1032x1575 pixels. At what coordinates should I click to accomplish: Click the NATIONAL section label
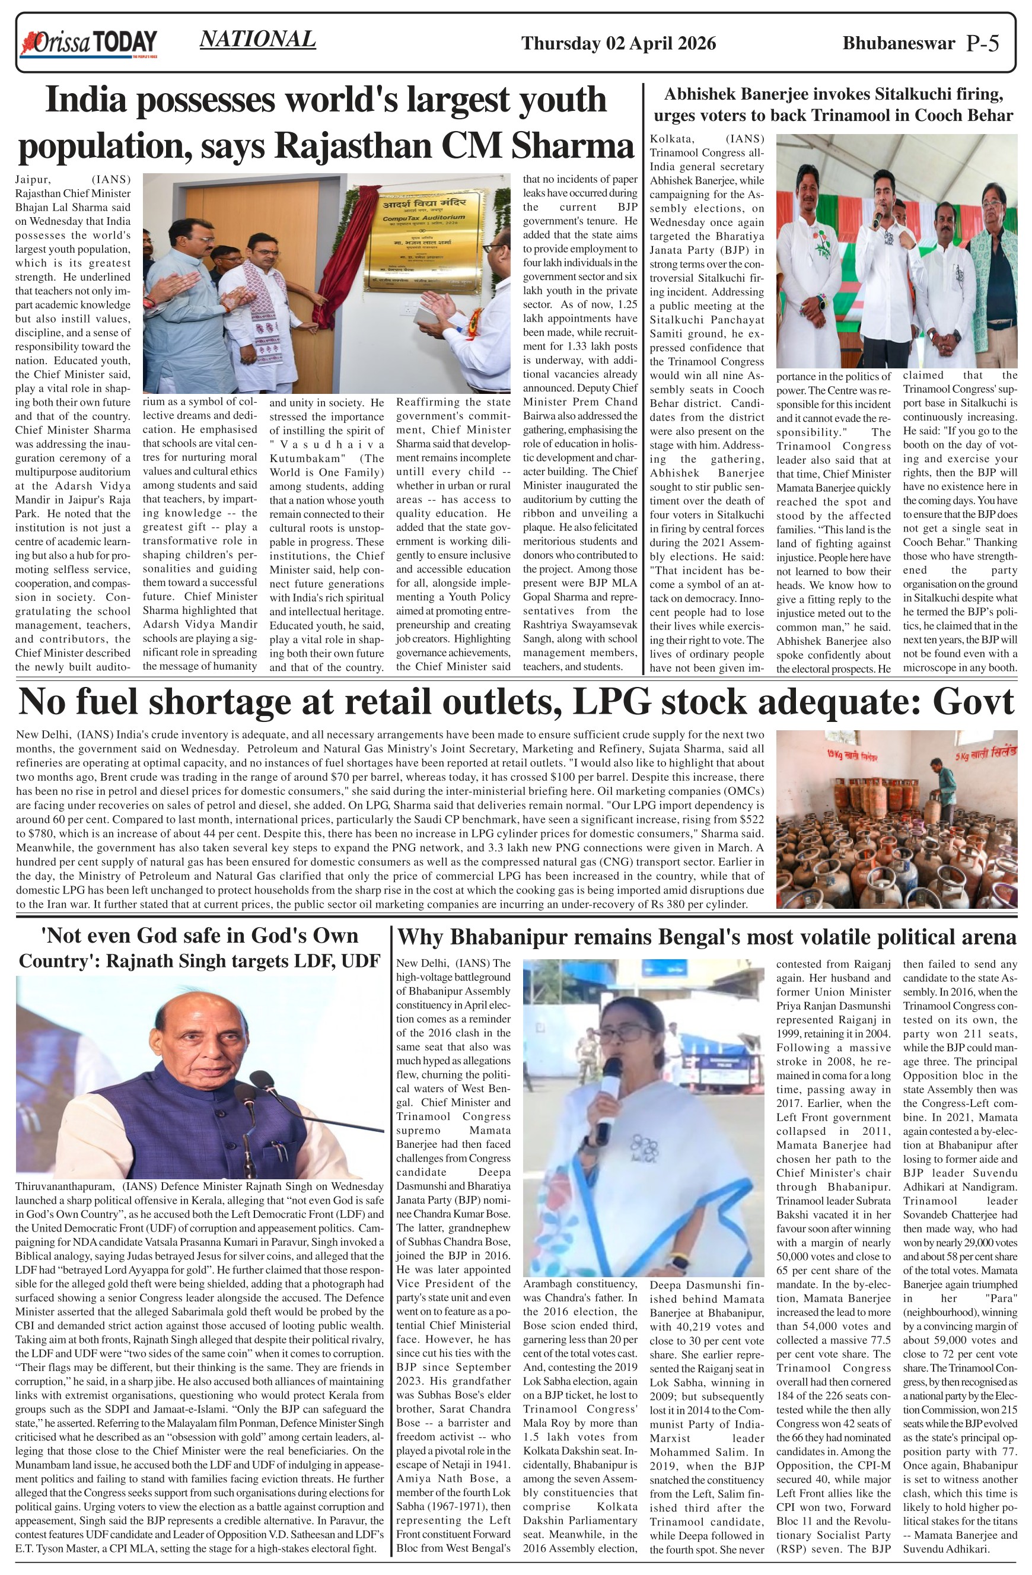click(257, 40)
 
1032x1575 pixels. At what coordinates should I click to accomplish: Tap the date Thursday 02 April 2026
click(618, 44)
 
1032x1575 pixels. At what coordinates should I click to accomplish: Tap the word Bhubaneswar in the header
click(899, 44)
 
